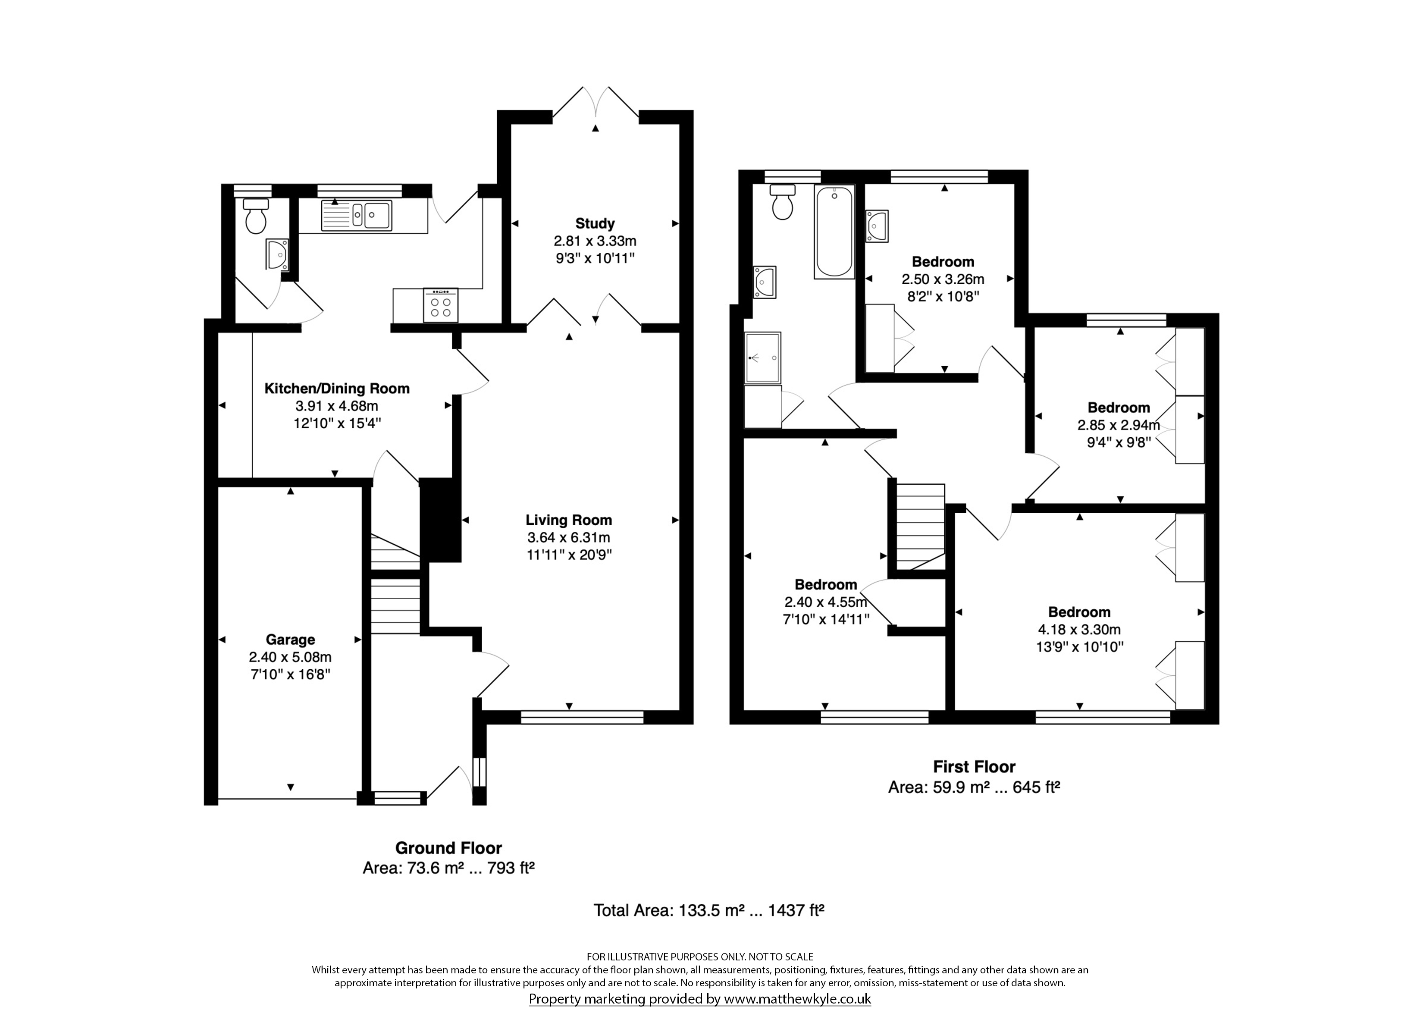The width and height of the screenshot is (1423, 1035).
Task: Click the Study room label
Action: [x=595, y=223]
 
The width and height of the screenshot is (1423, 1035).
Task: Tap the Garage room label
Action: [x=290, y=640]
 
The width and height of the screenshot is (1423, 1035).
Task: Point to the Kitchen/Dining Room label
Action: [x=337, y=389]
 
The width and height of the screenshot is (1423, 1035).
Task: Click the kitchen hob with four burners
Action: [x=440, y=305]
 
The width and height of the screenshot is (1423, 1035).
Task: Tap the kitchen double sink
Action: [x=356, y=215]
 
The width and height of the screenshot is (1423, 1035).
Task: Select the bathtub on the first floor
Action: [x=834, y=232]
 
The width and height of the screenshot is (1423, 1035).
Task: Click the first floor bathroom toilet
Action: [x=782, y=201]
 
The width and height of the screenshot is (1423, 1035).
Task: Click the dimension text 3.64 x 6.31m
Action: [x=568, y=537]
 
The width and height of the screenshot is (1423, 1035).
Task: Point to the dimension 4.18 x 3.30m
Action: [x=1079, y=629]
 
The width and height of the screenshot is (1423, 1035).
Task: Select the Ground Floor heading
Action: [x=448, y=848]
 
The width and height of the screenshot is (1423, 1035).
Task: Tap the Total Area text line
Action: [x=708, y=910]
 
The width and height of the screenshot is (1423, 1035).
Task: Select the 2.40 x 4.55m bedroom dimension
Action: [x=826, y=602]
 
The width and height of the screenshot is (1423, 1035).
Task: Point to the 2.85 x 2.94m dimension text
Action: [x=1119, y=425]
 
